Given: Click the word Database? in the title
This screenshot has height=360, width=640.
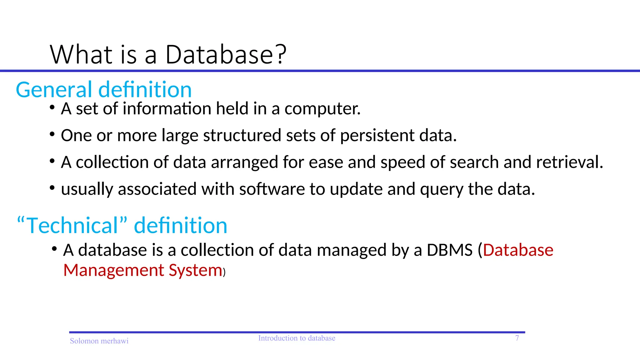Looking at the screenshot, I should [x=226, y=55].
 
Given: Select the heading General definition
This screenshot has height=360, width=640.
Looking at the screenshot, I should [x=104, y=90].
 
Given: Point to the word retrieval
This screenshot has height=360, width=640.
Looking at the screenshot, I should [x=569, y=162].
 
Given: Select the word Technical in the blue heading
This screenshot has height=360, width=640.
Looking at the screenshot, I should [x=72, y=225].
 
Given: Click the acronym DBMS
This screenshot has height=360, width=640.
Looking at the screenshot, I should [x=449, y=250].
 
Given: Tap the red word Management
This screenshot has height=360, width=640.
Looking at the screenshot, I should [x=114, y=270].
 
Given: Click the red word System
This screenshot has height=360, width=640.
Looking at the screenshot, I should [x=195, y=271].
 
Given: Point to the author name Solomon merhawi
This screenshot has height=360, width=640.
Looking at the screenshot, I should [x=99, y=341].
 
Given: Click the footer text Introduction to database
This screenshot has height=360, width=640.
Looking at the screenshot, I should [x=297, y=338].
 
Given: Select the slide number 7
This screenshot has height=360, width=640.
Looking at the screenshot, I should [x=517, y=338].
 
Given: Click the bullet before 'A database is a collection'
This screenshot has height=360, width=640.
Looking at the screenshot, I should [x=54, y=249].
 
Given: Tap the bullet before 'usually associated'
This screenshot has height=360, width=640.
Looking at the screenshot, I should [x=52, y=188].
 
